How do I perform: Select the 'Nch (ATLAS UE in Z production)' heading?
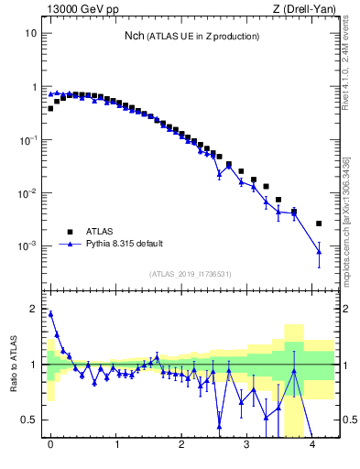tap(192, 37)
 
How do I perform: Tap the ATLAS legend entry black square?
tap(69, 232)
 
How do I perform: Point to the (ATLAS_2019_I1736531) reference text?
tap(191, 274)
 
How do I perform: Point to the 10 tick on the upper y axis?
tap(31, 33)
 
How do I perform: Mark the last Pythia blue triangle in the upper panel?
tap(319, 252)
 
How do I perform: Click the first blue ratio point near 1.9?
tap(50, 314)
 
